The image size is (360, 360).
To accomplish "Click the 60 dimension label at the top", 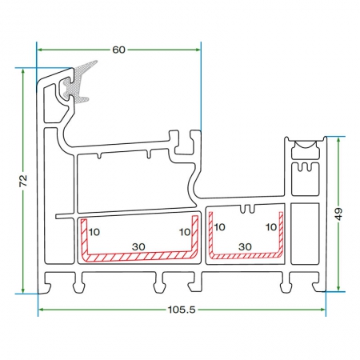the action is coord(118,50).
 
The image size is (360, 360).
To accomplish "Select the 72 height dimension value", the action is coord(23,181).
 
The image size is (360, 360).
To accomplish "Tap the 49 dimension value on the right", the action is coord(338,214).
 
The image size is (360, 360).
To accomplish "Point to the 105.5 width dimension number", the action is coord(182,310).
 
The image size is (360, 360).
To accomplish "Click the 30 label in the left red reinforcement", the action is coord(138,247).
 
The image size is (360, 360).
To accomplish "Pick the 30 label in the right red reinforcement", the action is coord(245,246).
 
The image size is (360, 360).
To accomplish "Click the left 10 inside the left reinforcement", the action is coord(94,232).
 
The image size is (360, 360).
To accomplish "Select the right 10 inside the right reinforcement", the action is coord(271,227).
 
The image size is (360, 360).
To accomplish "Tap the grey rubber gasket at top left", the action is coord(78,82).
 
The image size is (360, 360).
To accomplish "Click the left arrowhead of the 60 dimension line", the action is coord(40,50).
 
